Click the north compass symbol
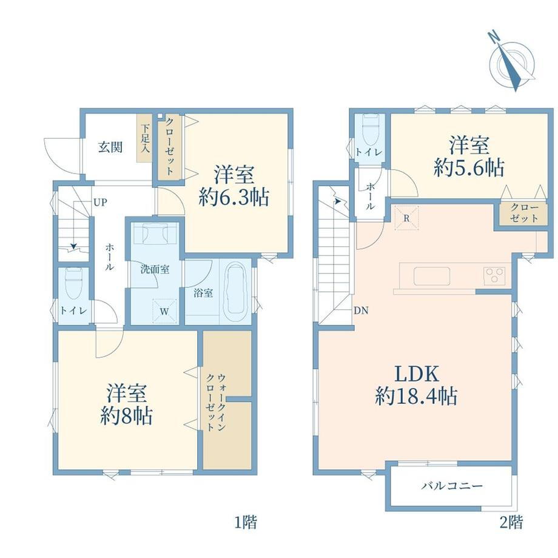click(512, 62)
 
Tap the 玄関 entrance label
click(110, 147)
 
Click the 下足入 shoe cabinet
click(144, 138)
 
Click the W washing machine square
click(164, 311)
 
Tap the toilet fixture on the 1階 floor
click(74, 283)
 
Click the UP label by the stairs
click(100, 203)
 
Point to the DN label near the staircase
click(361, 311)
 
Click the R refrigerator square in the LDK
click(406, 218)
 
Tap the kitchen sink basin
click(432, 277)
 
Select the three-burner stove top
click(494, 275)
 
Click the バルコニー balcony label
click(452, 485)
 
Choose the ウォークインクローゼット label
click(216, 402)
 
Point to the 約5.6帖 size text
click(469, 168)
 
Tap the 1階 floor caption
click(246, 523)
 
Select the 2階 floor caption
click(511, 523)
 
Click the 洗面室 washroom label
click(155, 269)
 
